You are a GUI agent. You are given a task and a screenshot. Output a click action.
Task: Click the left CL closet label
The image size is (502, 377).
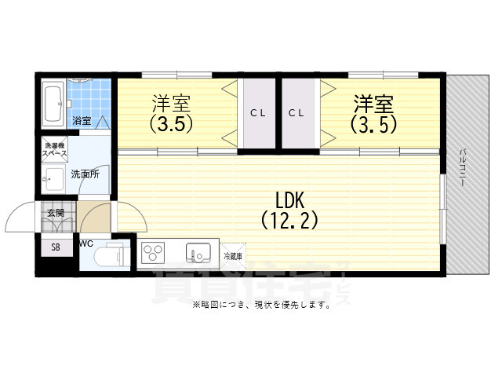258,113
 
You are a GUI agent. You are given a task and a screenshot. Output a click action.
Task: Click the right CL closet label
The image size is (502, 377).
296,113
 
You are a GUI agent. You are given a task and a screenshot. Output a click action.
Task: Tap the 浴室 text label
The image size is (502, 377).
82,121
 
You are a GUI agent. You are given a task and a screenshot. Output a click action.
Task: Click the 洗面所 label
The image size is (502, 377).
85,174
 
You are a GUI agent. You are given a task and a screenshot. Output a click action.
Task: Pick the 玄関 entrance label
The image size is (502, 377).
55,212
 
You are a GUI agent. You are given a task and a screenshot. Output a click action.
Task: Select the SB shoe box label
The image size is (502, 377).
56,247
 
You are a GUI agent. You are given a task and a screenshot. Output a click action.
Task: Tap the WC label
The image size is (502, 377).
86,244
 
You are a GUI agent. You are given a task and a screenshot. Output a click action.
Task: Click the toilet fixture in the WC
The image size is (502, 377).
107,256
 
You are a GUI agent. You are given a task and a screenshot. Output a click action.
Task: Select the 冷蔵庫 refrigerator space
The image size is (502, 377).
233,256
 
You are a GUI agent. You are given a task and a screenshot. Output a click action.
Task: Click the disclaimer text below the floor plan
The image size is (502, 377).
260,305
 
